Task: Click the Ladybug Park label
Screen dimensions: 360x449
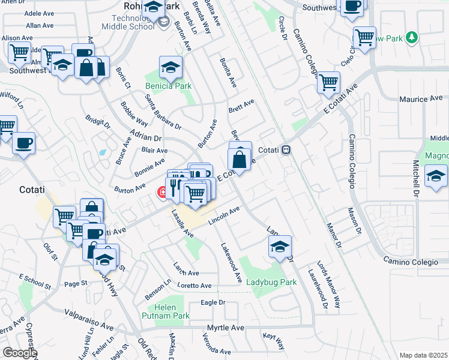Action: (x=272, y=282)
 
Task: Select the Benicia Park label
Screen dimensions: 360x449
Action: (x=169, y=86)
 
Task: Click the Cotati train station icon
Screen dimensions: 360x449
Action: (x=287, y=150)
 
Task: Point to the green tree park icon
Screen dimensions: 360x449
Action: (x=411, y=38)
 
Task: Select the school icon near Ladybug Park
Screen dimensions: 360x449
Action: (x=280, y=246)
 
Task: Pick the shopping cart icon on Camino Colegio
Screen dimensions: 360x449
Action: (x=328, y=82)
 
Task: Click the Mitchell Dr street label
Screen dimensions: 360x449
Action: (x=415, y=179)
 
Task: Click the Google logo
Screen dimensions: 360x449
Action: (x=20, y=353)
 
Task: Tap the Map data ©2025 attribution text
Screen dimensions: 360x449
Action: (x=423, y=355)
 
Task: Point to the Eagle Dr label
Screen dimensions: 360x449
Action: (x=212, y=302)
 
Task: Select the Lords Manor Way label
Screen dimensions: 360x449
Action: (x=328, y=284)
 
